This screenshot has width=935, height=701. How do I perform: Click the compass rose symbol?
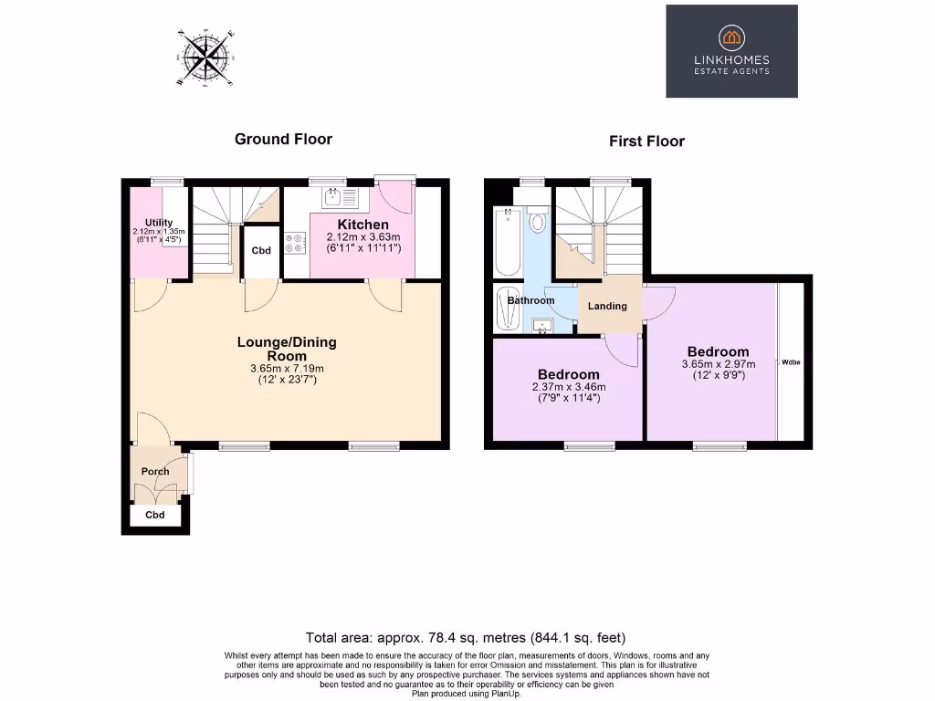coord(206,58)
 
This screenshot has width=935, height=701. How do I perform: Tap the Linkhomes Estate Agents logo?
coord(731,51)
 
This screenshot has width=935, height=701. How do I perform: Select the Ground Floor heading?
coord(283,140)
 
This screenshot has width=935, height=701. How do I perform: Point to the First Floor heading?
coord(646,141)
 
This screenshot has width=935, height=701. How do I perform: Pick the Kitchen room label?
coord(363,225)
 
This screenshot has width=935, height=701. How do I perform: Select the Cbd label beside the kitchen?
coord(261,250)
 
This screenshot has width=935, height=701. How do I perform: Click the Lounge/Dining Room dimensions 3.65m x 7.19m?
coord(287,369)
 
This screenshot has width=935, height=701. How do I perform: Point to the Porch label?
coord(154,472)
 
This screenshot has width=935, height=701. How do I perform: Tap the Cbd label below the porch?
coord(156,516)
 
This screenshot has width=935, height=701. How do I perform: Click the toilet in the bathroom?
coord(538,222)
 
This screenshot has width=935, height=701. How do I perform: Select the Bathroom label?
coord(531,300)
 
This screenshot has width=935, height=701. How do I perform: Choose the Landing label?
coord(607,306)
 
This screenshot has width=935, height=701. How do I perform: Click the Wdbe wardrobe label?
coord(790,362)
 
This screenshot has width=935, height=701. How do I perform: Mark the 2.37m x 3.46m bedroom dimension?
coord(568,387)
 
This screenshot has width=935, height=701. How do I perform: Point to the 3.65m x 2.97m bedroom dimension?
coord(718,364)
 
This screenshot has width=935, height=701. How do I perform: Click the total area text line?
coord(466,637)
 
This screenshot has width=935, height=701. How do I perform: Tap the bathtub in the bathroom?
coord(508,242)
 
